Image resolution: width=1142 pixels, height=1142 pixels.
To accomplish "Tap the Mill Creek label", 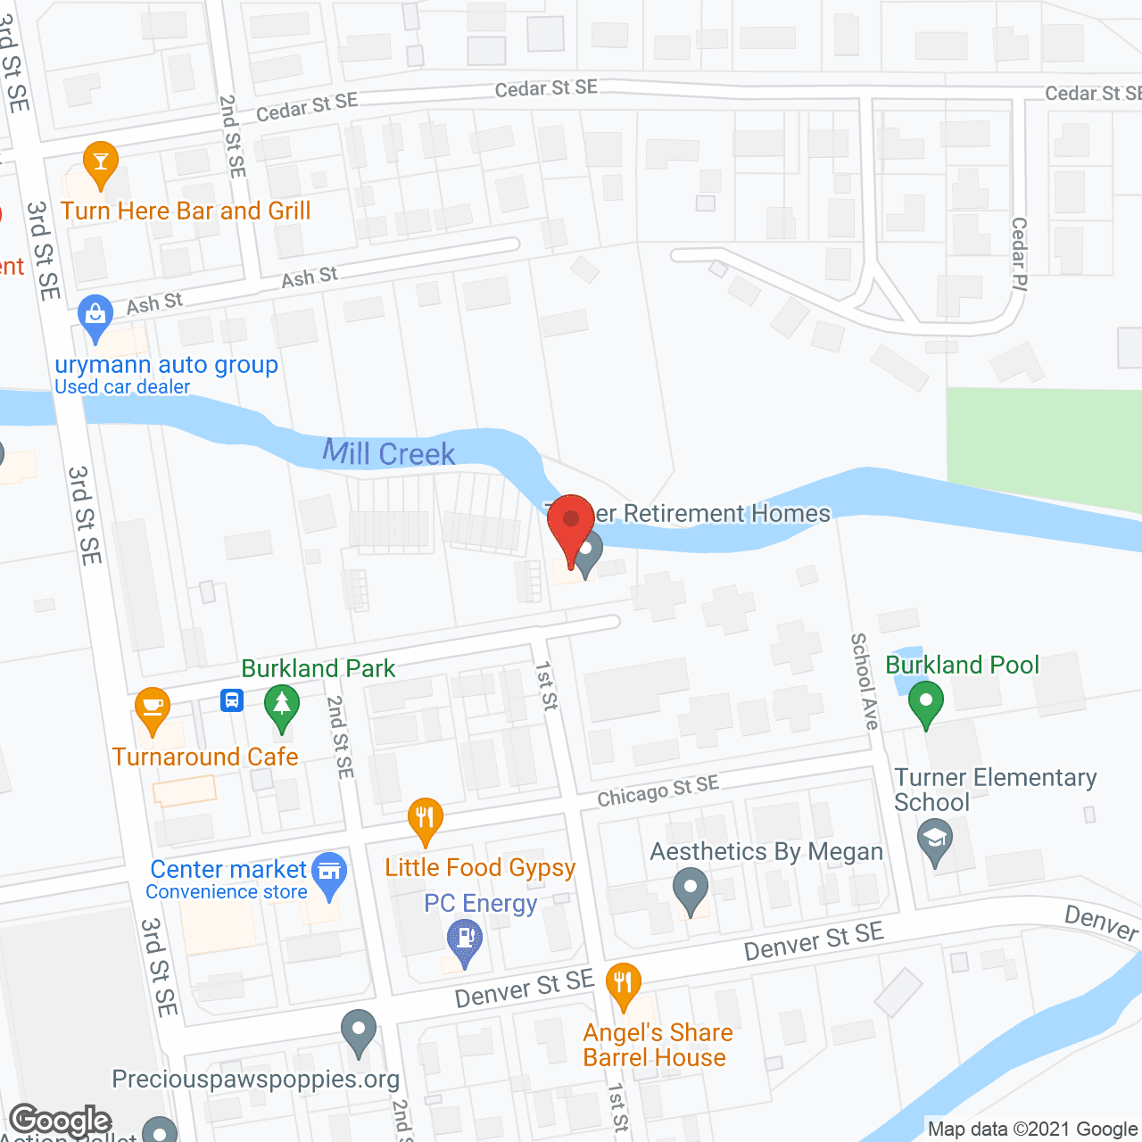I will (389, 453).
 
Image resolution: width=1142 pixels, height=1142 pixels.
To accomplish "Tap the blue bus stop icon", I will (232, 700).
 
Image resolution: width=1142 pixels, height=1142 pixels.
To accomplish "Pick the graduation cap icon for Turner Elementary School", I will (935, 840).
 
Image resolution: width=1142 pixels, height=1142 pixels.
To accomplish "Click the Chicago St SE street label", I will (658, 790).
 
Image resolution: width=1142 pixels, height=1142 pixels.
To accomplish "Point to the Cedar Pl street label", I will (1019, 254).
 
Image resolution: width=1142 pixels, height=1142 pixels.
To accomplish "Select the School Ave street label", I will (864, 681).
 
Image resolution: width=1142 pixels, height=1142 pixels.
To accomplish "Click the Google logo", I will (61, 1121).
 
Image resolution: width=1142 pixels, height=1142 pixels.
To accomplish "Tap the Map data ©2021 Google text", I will (1032, 1130).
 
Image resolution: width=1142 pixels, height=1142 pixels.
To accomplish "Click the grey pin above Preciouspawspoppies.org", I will (358, 1031).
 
